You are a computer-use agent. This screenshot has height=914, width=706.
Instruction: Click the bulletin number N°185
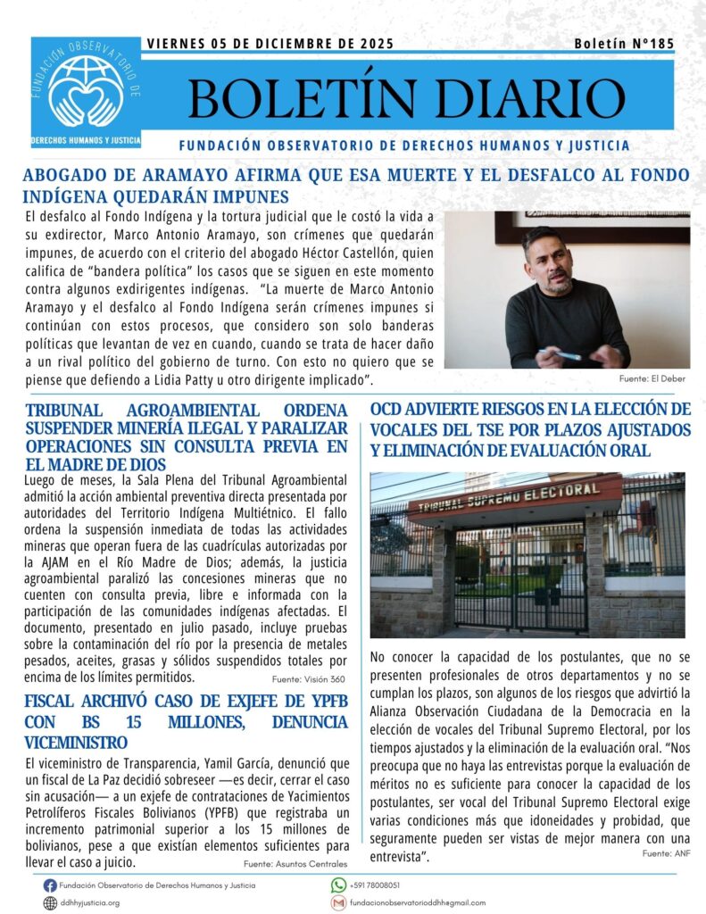(624, 43)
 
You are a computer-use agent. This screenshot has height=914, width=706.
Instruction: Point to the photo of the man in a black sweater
(567, 290)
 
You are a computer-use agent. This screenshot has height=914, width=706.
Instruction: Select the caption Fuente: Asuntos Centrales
(295, 864)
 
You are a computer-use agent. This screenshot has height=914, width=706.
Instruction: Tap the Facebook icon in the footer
(50, 885)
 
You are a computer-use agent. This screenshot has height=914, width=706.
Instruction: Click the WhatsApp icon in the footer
(338, 885)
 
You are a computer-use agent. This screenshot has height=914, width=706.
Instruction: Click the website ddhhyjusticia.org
(89, 903)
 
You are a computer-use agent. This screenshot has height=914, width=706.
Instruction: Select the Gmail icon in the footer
(338, 903)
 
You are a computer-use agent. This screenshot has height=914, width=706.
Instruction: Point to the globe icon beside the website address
(50, 903)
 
